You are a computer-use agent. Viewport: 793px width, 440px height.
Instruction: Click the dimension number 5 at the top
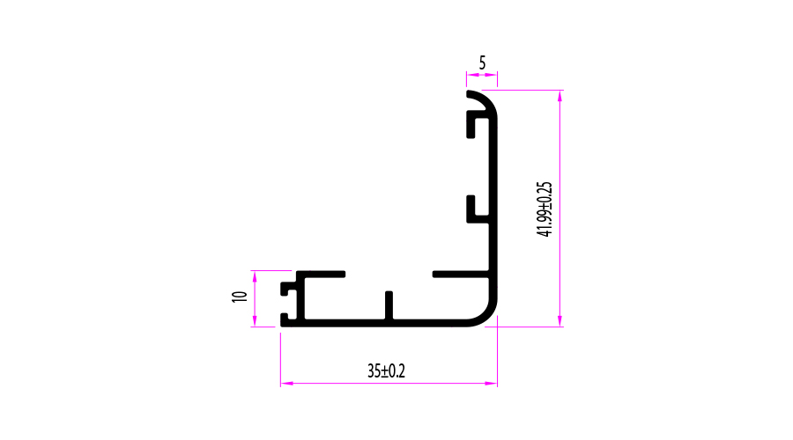482,63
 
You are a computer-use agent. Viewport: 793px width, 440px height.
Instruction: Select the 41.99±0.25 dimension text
545,209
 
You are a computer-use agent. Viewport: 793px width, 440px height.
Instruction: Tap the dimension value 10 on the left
240,297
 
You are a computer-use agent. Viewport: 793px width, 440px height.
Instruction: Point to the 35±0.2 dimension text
387,371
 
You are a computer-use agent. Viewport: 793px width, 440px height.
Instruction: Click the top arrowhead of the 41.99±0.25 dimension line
560,96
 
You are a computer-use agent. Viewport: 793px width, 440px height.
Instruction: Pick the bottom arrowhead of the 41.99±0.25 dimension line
560,321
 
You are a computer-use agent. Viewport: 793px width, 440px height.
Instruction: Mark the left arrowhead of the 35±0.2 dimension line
286,384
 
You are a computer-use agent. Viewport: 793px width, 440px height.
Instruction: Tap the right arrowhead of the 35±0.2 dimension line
491,384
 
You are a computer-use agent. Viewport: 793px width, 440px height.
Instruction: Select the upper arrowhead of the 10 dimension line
255,277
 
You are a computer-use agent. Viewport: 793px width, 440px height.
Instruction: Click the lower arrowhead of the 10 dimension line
255,320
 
